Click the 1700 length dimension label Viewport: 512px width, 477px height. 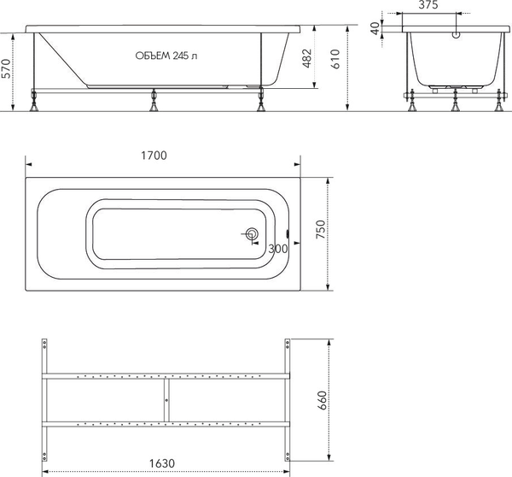(154, 156)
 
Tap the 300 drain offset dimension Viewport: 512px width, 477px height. (277, 249)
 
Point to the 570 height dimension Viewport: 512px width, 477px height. (7, 74)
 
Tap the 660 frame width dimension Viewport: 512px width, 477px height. (321, 399)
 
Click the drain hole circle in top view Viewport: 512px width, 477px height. (252, 234)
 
